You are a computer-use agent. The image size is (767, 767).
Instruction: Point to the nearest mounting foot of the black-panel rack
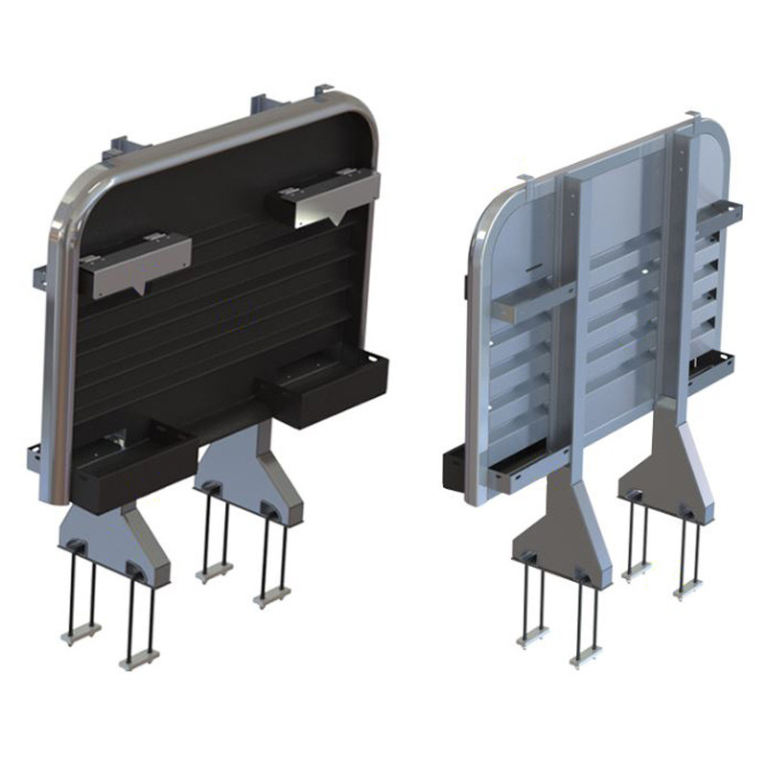point(120,543)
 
